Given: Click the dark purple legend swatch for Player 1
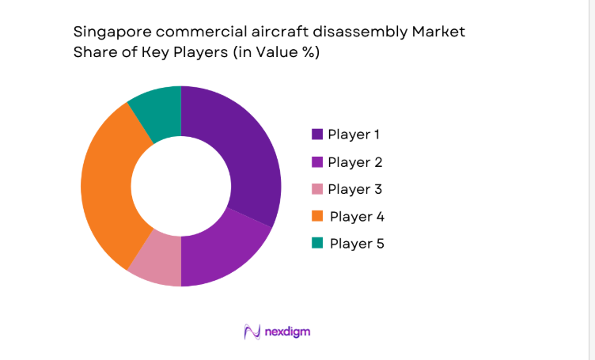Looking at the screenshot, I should [x=317, y=135].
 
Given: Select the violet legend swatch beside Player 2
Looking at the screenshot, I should [x=317, y=162].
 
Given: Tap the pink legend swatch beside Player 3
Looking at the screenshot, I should [x=317, y=189].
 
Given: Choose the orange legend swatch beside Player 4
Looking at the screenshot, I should [x=317, y=216].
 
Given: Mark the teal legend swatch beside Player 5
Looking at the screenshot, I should [x=317, y=243].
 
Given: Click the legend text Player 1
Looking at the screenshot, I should [x=354, y=135].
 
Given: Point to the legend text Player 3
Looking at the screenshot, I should [x=354, y=189].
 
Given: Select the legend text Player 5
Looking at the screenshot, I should [x=357, y=243].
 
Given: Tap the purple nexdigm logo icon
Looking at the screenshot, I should [x=252, y=332].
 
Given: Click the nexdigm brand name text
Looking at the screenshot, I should [x=288, y=332].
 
